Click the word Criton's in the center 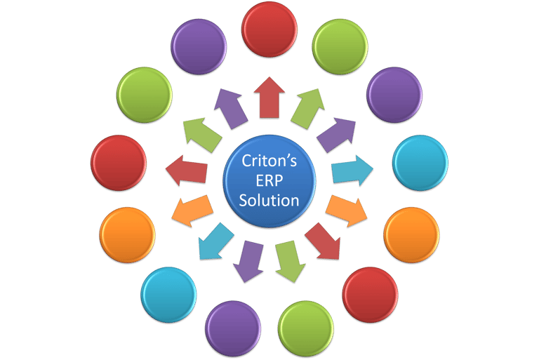269,161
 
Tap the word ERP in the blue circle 269,180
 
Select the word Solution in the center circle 269,200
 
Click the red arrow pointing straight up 269,98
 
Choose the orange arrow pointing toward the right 345,208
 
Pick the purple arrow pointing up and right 334,133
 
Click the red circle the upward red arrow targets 269,30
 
